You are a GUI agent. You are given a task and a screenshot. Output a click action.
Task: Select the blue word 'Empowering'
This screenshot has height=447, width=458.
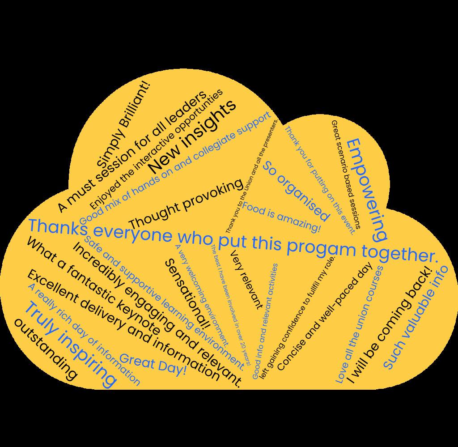tap(367, 188)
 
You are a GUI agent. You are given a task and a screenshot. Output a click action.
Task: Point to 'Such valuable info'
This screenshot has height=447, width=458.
tap(415, 317)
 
